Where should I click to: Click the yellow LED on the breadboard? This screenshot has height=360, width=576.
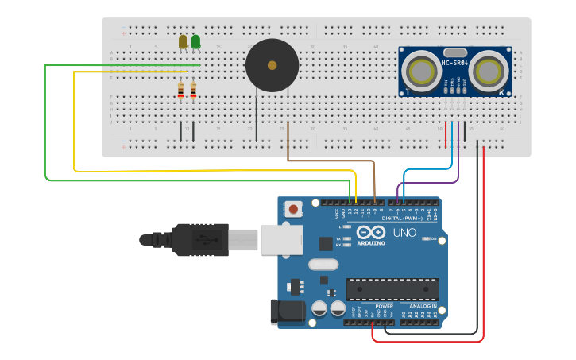click(x=183, y=41)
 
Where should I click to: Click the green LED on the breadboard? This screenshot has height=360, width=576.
click(x=195, y=41)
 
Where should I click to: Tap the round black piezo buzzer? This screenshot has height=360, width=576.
click(x=273, y=65)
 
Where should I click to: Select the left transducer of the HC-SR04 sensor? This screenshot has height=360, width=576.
click(x=419, y=71)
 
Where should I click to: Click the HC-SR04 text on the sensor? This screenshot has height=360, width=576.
click(x=455, y=63)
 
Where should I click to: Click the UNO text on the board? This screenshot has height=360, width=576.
click(x=404, y=233)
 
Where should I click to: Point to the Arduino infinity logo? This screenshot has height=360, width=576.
click(x=371, y=232)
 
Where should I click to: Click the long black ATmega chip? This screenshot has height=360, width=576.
click(x=392, y=288)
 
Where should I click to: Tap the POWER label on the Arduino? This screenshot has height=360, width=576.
click(x=384, y=306)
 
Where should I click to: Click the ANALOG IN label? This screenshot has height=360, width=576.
click(x=422, y=306)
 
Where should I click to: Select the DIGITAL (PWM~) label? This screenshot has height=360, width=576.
click(x=402, y=219)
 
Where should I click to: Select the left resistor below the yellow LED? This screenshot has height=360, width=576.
click(x=181, y=91)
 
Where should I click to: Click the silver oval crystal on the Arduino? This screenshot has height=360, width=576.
click(x=322, y=265)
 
